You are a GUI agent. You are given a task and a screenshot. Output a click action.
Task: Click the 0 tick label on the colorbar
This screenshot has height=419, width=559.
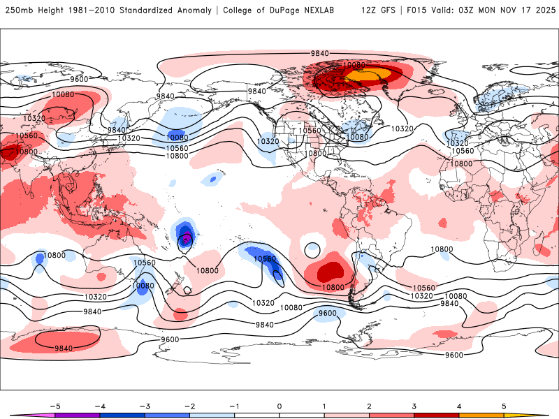click(x=279, y=405)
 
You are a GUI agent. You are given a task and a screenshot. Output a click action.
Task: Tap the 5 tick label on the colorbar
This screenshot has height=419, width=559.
click(x=504, y=405)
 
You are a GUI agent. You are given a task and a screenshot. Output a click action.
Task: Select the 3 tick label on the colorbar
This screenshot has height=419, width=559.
click(x=414, y=405)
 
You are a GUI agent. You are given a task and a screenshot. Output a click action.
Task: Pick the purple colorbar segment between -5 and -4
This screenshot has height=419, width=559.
click(x=78, y=415)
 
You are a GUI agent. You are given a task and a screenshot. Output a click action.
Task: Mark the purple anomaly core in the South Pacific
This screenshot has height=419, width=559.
click(x=187, y=240)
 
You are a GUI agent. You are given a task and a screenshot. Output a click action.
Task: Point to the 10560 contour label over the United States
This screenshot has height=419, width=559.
click(x=310, y=130)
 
